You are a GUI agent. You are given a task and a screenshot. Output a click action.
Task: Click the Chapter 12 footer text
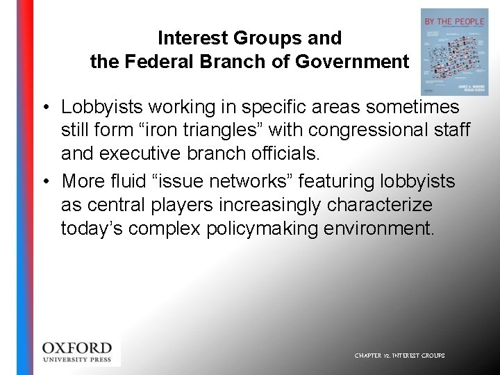[x=399, y=356]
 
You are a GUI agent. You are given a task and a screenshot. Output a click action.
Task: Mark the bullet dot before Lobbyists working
[x=44, y=108]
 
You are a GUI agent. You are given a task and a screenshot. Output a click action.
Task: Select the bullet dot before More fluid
[x=44, y=182]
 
